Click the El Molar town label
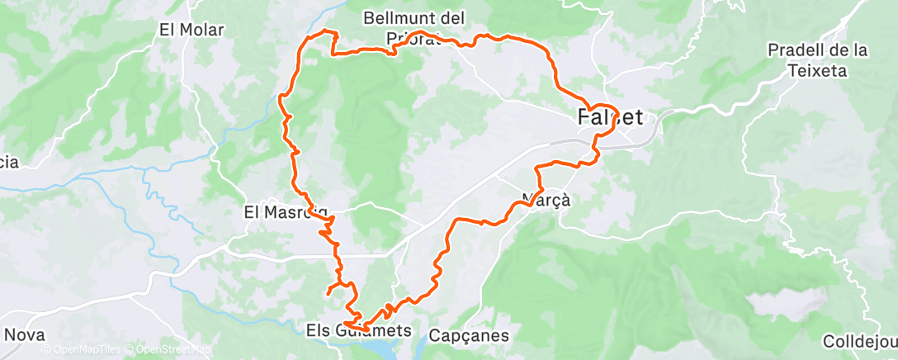pyautogui.click(x=191, y=30)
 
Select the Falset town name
pyautogui.click(x=609, y=118)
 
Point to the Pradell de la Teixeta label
pyautogui.click(x=817, y=60)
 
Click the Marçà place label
pyautogui.click(x=546, y=199)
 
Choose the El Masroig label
pyautogui.click(x=285, y=211)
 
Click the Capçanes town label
pyautogui.click(x=469, y=336)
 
